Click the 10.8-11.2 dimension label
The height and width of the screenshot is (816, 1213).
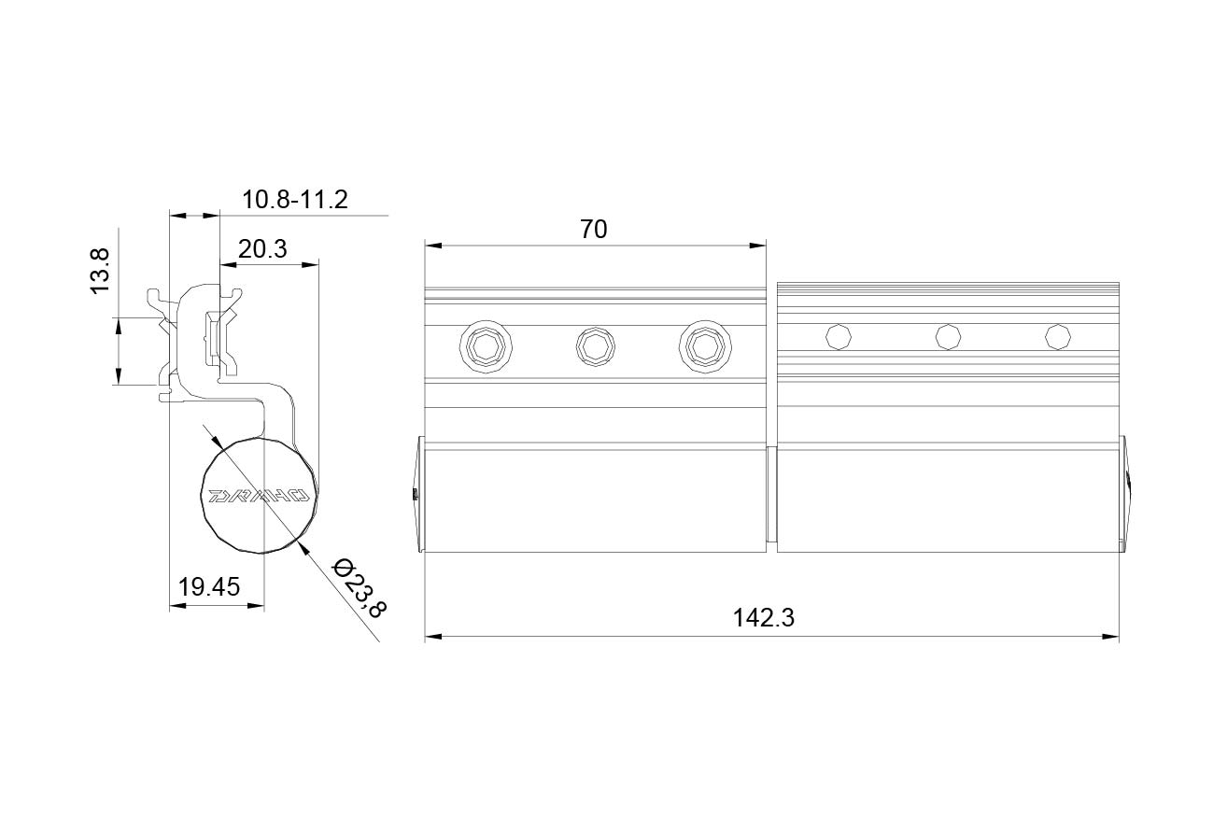294,199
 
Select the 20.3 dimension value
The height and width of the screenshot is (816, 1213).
262,248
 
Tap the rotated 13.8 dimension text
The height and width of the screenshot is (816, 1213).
100,272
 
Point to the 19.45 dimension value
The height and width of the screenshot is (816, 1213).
209,586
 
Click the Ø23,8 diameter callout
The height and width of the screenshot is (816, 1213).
360,588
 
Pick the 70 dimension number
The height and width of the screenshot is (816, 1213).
594,229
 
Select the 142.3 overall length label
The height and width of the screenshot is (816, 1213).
764,617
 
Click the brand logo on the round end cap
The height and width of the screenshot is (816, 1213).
259,496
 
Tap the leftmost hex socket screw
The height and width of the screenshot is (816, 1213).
486,346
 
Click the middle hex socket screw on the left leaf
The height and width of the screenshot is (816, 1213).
595,346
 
